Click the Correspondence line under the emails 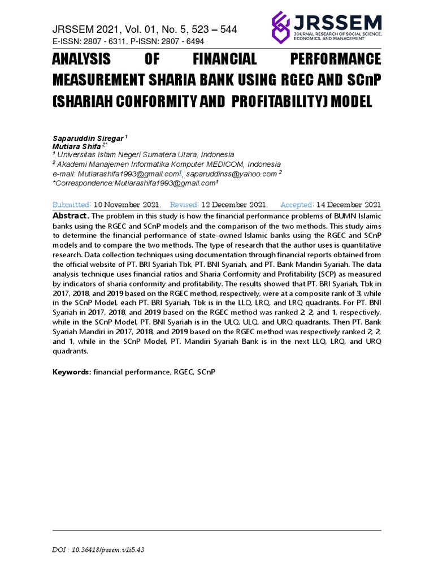point(134,183)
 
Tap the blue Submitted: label point(72,205)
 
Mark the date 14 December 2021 point(348,205)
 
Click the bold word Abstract point(70,217)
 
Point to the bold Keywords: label point(72,372)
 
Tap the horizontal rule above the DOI point(216,530)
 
